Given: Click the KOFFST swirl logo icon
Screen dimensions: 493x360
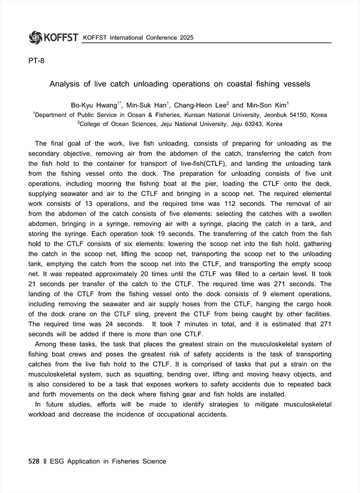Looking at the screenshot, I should [35, 37].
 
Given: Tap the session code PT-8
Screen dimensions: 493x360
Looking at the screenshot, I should [36, 61].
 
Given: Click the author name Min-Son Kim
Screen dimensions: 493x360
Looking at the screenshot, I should [268, 104].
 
